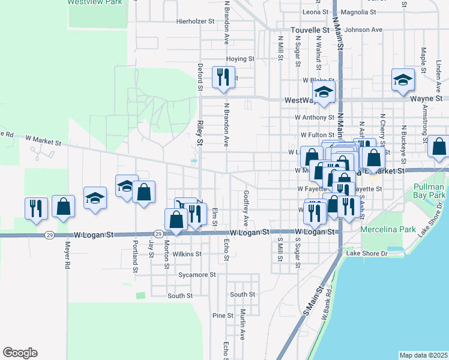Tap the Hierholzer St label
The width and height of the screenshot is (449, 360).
195,21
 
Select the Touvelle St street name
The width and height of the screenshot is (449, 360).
310,29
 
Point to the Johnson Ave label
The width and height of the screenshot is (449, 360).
364,29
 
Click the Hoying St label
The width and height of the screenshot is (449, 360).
241,59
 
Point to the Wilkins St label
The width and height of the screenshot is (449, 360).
187,254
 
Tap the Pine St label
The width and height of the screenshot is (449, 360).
223,316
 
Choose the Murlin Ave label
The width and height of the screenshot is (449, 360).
243,325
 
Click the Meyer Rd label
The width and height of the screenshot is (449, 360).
67,254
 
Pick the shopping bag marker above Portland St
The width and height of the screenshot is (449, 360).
144,192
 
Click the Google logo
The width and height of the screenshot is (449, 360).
20,353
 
